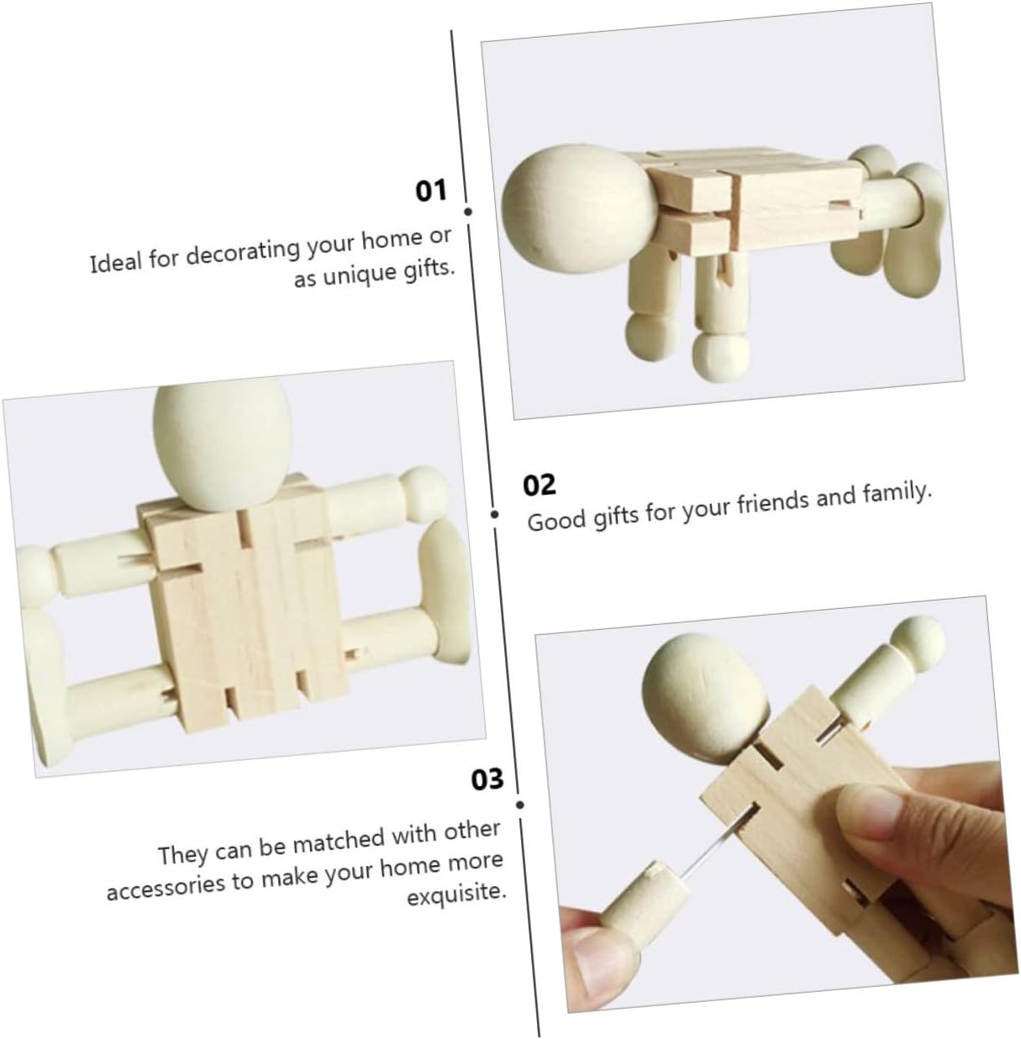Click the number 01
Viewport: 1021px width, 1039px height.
[431, 191]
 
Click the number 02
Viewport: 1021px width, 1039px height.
[539, 485]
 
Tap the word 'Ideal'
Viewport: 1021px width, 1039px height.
[114, 263]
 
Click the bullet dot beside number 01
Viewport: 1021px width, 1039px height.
[468, 212]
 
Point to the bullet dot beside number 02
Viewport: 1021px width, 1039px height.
[494, 514]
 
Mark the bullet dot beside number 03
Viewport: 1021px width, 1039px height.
[519, 805]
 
